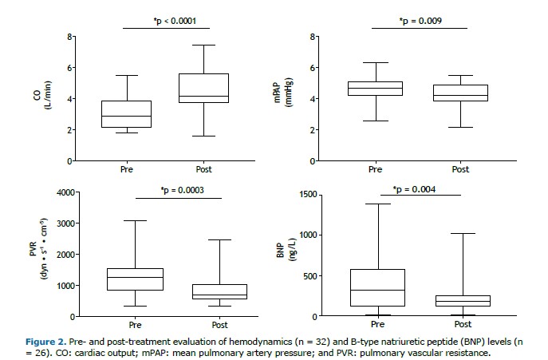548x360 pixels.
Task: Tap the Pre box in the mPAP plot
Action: pos(376,89)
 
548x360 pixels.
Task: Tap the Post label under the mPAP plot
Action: pos(460,169)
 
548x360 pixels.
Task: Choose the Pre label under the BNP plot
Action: pos(376,325)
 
